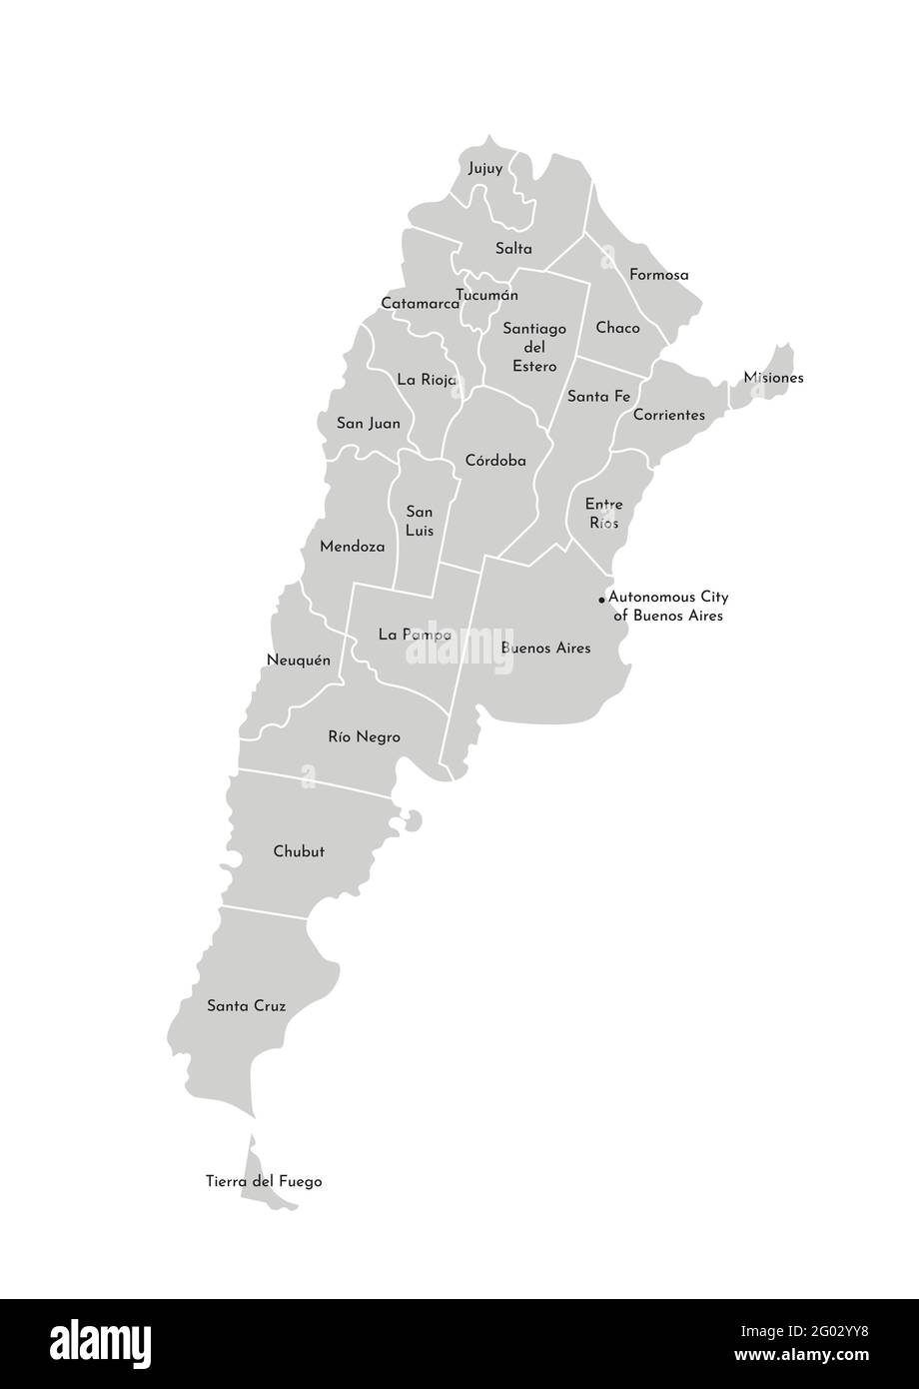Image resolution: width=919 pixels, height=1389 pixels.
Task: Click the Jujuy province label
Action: point(485,169)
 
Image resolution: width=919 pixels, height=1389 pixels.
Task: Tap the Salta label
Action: point(513,249)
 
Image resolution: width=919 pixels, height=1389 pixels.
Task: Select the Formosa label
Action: point(658,275)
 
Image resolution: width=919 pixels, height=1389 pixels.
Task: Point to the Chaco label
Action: point(617,328)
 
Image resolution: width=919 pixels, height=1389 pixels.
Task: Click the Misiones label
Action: point(773,378)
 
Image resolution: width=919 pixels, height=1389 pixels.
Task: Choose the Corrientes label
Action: point(669,415)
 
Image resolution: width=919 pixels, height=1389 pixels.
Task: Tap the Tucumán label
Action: point(487,295)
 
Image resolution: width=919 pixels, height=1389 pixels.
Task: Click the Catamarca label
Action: point(421,303)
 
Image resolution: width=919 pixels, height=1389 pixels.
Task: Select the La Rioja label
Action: point(427,380)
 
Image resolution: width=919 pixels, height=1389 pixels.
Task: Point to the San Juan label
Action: point(369,424)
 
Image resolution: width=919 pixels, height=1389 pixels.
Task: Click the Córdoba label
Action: point(495,461)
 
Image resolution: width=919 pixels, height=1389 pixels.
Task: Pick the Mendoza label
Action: point(352,547)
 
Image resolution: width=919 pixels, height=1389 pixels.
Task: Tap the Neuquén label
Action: point(299,660)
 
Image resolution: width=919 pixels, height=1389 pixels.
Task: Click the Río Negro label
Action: point(364,737)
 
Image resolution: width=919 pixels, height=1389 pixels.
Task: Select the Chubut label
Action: point(299,852)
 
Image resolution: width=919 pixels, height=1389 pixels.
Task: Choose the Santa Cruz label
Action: point(246,1006)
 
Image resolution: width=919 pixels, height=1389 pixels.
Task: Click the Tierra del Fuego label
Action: point(264,1182)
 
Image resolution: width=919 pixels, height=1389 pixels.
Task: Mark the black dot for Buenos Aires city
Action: point(601,600)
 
